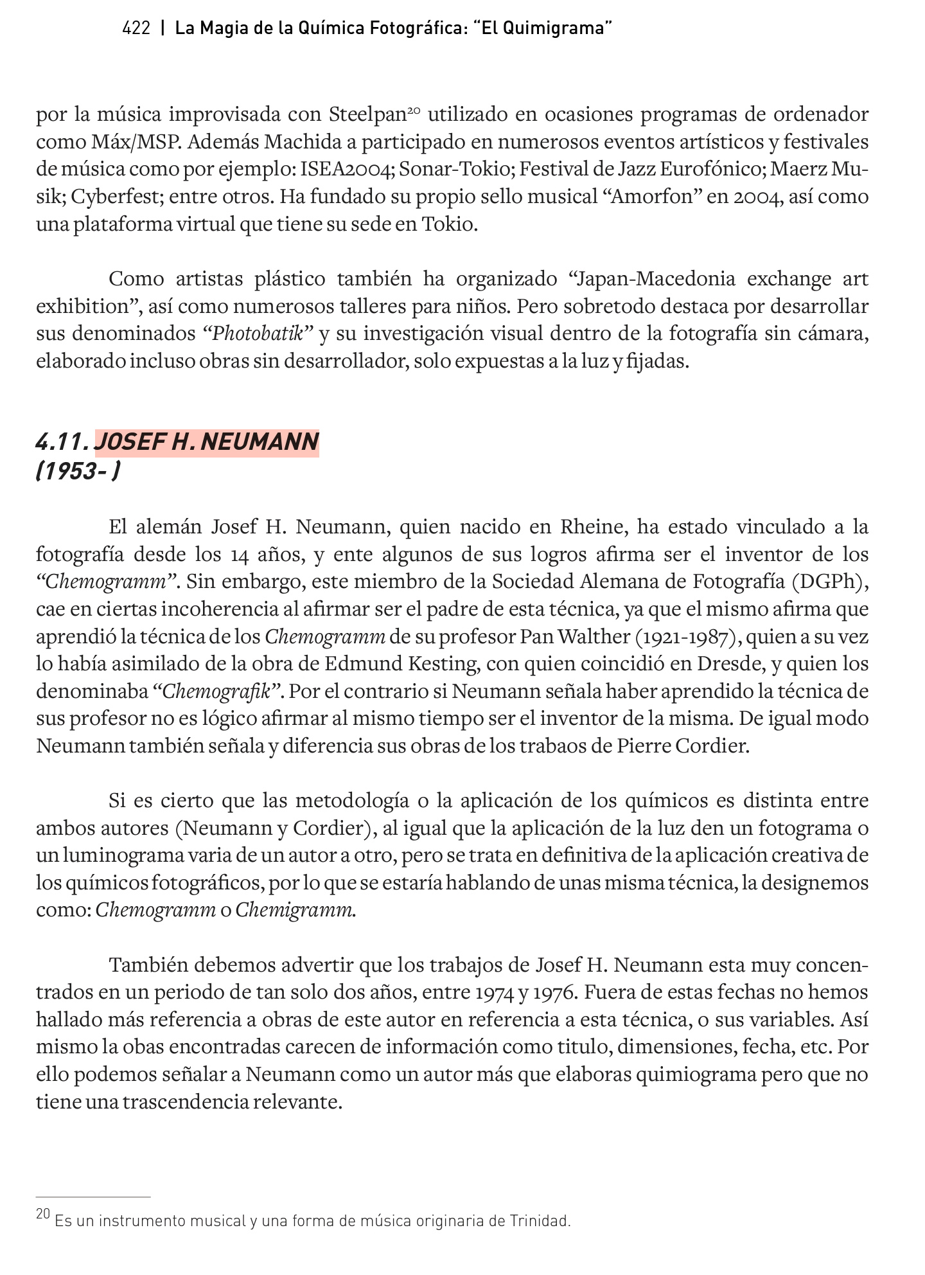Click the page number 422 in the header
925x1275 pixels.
(x=136, y=28)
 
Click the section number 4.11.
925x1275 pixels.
(x=62, y=442)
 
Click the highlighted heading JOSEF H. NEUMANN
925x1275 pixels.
(x=206, y=442)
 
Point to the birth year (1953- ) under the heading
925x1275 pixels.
(x=77, y=472)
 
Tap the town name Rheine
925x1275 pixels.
(x=593, y=527)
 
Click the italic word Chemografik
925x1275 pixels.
(x=218, y=692)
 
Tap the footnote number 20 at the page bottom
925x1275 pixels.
(x=43, y=1214)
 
